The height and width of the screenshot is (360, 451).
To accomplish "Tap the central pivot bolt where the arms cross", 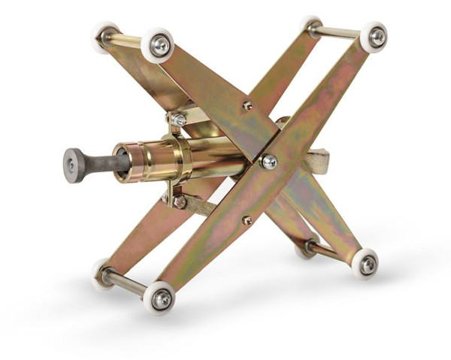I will point(269,161).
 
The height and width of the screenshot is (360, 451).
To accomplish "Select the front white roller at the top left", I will point(158,46).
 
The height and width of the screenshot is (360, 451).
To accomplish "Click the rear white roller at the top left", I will point(105,35).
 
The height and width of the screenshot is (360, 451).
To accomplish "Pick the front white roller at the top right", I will point(374,37).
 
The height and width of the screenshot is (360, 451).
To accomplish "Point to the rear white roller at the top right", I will point(310,26).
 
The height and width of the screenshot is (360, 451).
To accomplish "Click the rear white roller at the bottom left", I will point(103,273).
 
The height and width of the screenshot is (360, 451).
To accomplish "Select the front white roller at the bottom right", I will point(366,264).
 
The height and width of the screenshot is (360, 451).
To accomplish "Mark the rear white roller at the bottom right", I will point(305,249).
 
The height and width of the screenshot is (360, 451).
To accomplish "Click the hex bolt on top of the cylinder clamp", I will point(178,118).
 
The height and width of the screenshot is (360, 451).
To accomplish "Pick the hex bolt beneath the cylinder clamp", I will point(179,201).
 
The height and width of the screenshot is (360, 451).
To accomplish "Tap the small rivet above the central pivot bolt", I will point(247,106).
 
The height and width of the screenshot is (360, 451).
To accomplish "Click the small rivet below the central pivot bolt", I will point(247,220).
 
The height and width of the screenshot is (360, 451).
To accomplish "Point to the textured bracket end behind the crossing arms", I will point(316,161).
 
